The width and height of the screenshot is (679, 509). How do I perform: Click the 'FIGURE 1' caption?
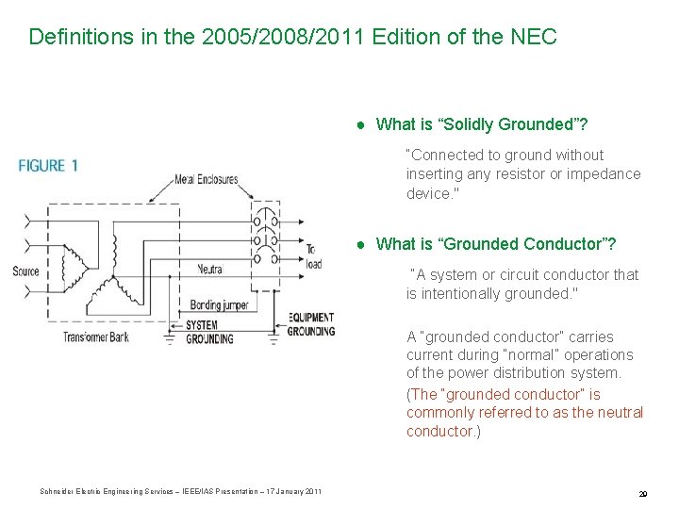(48, 166)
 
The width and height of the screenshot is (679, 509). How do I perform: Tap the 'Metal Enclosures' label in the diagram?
(206, 179)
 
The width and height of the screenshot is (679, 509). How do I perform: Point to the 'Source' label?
(25, 271)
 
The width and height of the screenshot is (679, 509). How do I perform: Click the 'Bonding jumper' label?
(219, 304)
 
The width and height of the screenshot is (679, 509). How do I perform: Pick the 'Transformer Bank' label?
(95, 337)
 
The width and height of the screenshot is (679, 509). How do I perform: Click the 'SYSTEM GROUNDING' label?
(209, 332)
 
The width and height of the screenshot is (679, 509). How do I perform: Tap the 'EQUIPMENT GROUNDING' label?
(310, 324)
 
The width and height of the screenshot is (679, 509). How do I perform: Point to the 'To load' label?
(313, 256)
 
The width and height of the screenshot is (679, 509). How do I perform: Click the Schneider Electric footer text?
(180, 491)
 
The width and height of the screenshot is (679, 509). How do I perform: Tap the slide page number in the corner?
(641, 493)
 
